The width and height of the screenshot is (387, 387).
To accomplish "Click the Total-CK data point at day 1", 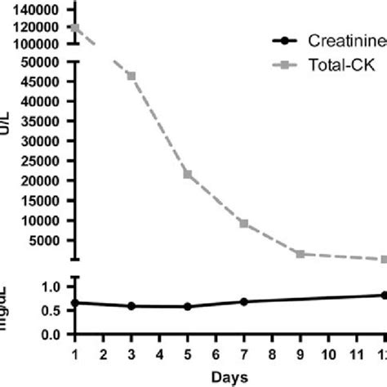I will (x=75, y=27).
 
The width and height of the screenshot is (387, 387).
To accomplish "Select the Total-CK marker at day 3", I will (x=131, y=75).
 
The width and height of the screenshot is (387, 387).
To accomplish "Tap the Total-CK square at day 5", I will (x=188, y=174).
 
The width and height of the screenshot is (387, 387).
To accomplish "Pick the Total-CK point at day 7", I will (x=244, y=223).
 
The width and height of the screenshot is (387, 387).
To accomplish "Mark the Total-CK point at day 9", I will (x=300, y=254).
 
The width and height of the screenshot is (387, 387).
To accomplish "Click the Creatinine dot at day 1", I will (x=75, y=303).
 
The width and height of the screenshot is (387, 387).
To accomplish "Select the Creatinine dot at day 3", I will (x=131, y=306).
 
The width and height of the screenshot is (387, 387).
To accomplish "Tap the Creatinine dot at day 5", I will (x=188, y=307).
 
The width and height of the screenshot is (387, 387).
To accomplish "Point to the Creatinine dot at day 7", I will (x=244, y=301).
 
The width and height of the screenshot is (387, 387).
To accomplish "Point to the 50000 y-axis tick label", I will (x=37, y=62).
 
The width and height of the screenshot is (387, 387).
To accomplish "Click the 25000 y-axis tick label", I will (x=37, y=161).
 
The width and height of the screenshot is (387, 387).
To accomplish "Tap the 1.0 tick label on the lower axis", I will (x=51, y=287).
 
